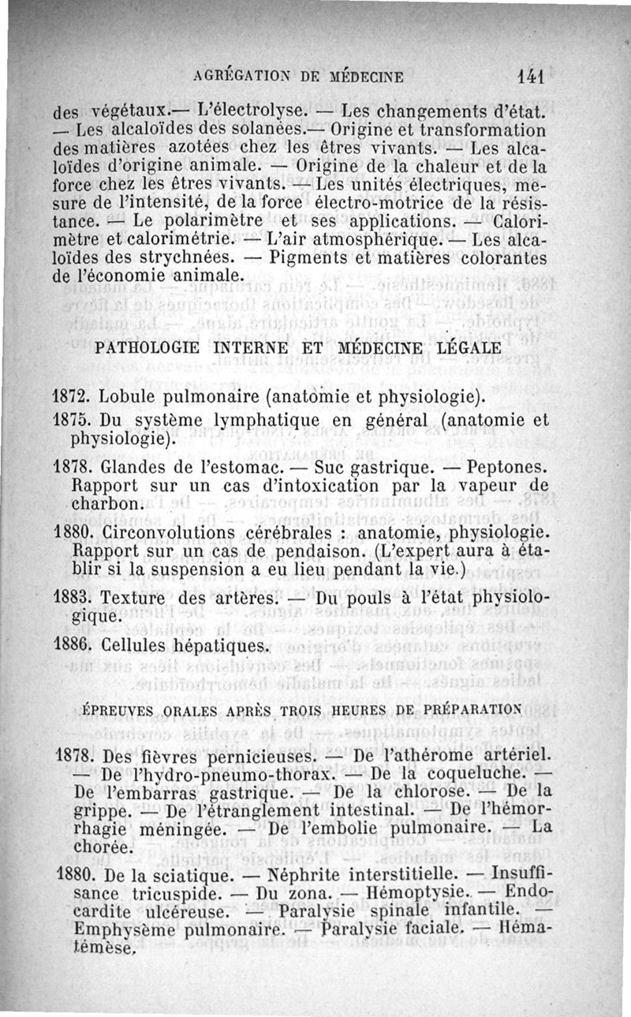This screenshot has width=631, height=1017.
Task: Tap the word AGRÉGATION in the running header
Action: (234, 77)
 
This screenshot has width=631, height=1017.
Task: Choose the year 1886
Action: (73, 645)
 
